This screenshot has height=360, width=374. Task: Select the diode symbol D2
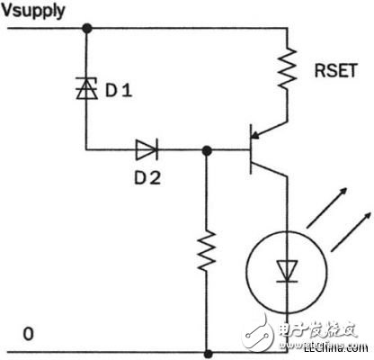point(147,148)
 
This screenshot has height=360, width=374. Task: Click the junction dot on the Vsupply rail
point(86,28)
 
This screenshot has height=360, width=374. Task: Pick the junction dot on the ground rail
point(208,353)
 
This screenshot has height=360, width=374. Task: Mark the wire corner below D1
point(86,148)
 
